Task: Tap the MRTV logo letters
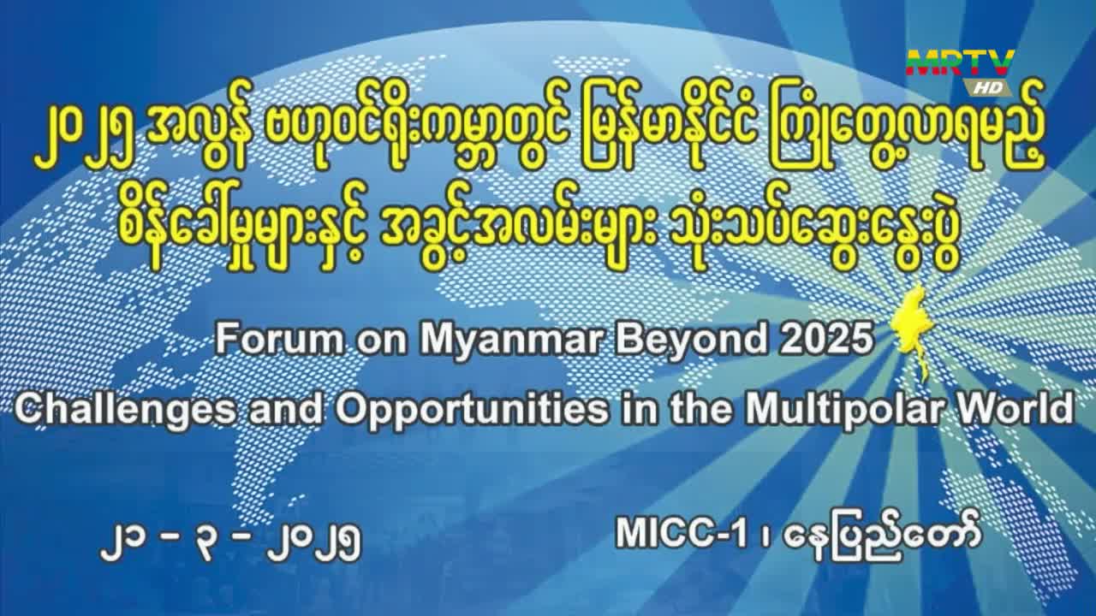click(960, 62)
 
